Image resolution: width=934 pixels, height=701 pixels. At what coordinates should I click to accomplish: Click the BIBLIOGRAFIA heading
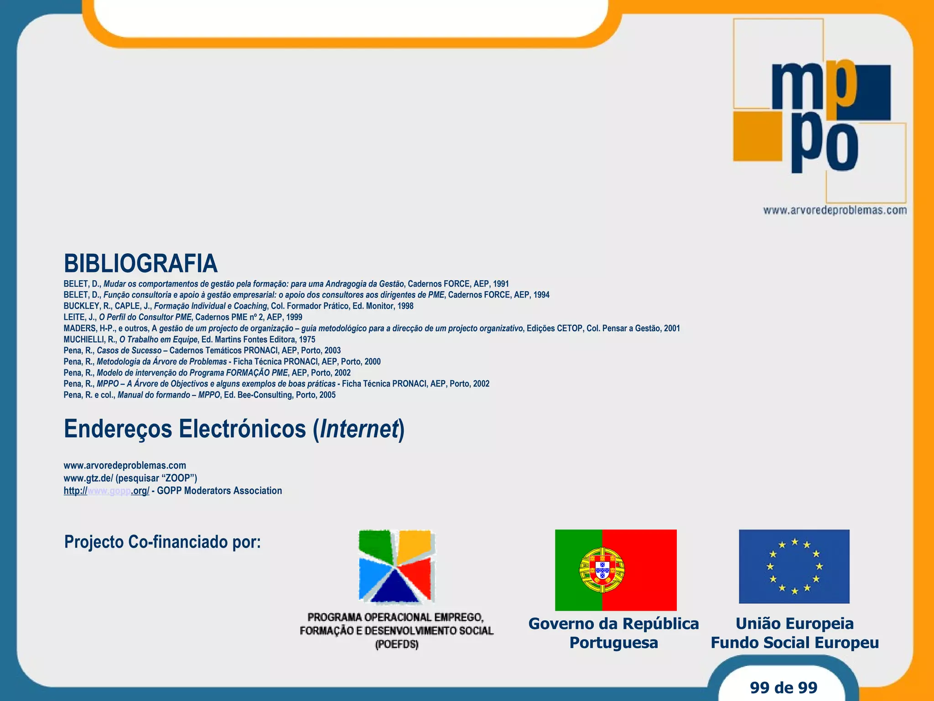[x=140, y=263]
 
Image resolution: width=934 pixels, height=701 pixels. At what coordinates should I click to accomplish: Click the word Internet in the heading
[x=359, y=429]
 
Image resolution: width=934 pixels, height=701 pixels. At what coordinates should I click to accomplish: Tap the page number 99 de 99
[x=784, y=687]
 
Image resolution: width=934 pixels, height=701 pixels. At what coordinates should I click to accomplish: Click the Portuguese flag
[x=616, y=570]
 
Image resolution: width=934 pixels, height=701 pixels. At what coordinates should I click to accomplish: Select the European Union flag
[x=794, y=566]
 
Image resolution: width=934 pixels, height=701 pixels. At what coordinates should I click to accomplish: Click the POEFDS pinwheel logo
[x=396, y=566]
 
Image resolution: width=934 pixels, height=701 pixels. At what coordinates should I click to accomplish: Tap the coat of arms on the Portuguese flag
[x=602, y=570]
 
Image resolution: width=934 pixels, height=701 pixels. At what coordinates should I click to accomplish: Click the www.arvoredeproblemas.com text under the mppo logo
[x=835, y=210]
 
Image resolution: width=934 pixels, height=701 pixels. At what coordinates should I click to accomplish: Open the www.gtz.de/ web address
[x=88, y=478]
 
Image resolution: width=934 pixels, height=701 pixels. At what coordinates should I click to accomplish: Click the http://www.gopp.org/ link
[x=106, y=491]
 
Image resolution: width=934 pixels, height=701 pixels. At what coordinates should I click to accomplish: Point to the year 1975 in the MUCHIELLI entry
[x=307, y=340]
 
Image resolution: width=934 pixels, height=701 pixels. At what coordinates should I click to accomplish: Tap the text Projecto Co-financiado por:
[x=162, y=542]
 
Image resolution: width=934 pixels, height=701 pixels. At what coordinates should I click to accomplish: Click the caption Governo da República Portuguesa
[x=613, y=633]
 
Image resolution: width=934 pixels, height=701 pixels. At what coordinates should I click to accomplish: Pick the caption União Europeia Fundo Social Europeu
[x=794, y=633]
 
